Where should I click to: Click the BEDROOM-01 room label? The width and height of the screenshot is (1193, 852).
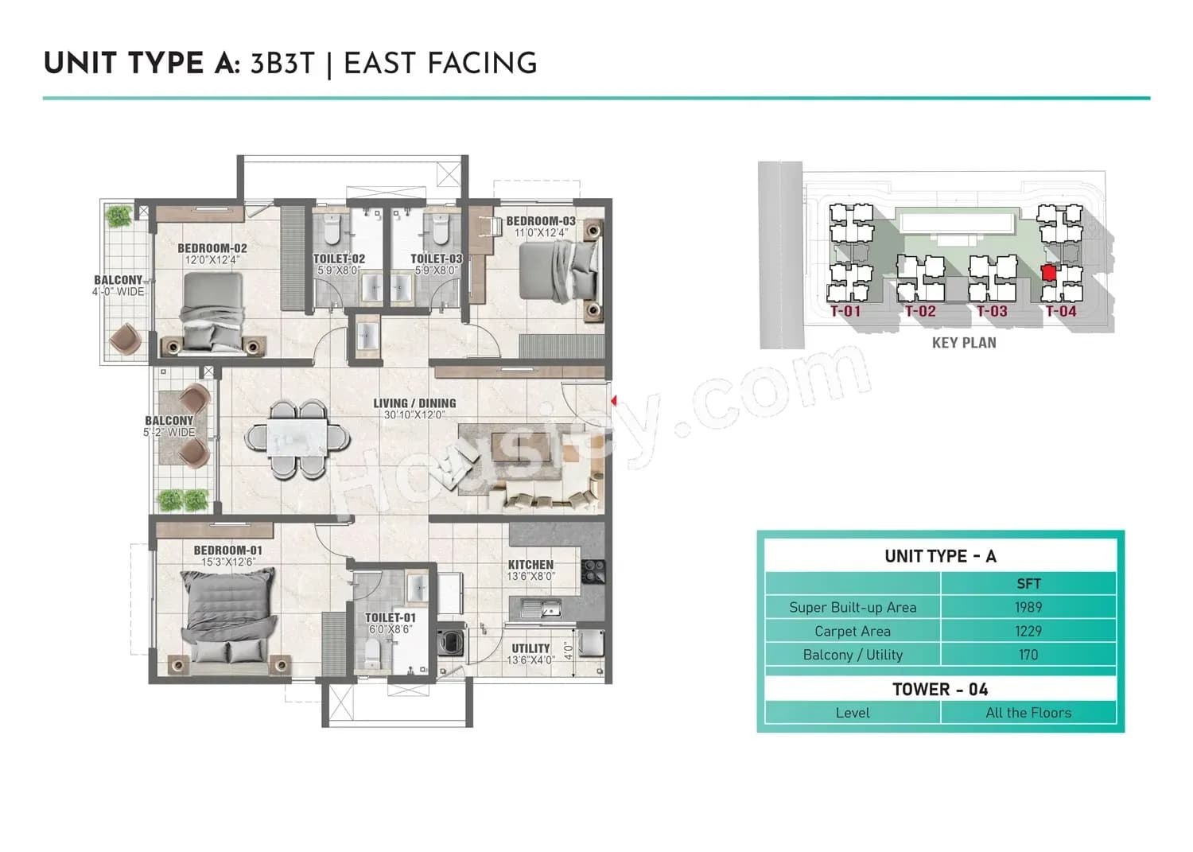[227, 550]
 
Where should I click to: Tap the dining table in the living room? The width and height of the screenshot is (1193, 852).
[296, 439]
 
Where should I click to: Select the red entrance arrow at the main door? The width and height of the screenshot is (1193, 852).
[613, 402]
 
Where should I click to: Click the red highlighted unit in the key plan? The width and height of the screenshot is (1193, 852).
[1048, 273]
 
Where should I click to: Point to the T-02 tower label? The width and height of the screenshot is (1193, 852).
[920, 312]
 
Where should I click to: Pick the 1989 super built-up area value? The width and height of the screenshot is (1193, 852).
[1028, 607]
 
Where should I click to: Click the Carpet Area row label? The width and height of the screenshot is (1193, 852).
[852, 631]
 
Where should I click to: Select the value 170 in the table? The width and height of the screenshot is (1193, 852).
[1028, 655]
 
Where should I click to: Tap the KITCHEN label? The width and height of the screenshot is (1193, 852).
[530, 565]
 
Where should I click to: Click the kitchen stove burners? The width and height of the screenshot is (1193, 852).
[593, 570]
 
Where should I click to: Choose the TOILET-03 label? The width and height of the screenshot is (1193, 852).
[436, 259]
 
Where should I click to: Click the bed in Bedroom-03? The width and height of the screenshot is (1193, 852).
[559, 271]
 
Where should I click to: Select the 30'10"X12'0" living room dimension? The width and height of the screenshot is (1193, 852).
[414, 415]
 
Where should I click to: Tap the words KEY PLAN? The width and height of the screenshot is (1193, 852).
[963, 343]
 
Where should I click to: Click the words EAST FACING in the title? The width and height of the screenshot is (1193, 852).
[440, 64]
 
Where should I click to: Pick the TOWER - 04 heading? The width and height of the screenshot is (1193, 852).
[939, 689]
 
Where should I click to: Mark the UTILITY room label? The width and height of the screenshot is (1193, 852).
[530, 649]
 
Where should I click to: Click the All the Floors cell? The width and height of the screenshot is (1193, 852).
[1028, 713]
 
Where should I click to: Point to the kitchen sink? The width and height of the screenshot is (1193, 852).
[542, 611]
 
